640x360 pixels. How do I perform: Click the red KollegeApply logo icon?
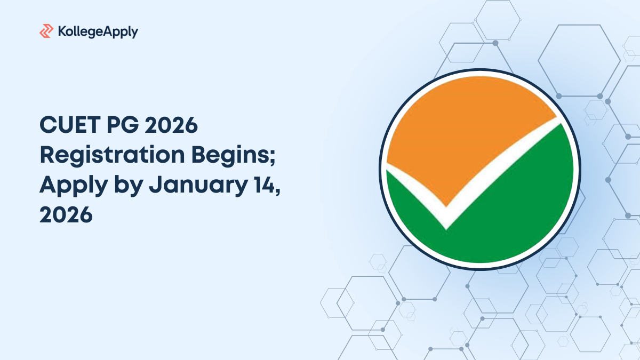[x=46, y=31]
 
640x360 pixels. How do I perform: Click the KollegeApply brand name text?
[x=98, y=31]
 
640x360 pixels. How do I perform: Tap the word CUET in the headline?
[x=70, y=125]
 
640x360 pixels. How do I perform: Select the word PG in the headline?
[x=123, y=125]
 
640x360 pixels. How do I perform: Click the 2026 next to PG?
[x=171, y=125]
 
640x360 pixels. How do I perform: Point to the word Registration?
[x=113, y=156]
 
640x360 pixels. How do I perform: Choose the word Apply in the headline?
[x=74, y=186]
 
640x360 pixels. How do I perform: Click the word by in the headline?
[x=129, y=186]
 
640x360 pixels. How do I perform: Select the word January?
[x=198, y=186]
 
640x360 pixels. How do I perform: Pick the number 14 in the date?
[x=264, y=185]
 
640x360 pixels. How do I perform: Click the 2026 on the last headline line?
[x=66, y=214]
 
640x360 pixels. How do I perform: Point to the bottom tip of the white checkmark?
[x=446, y=230]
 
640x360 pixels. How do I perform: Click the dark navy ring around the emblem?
[x=480, y=70]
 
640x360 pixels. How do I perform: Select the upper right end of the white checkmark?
[x=559, y=120]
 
